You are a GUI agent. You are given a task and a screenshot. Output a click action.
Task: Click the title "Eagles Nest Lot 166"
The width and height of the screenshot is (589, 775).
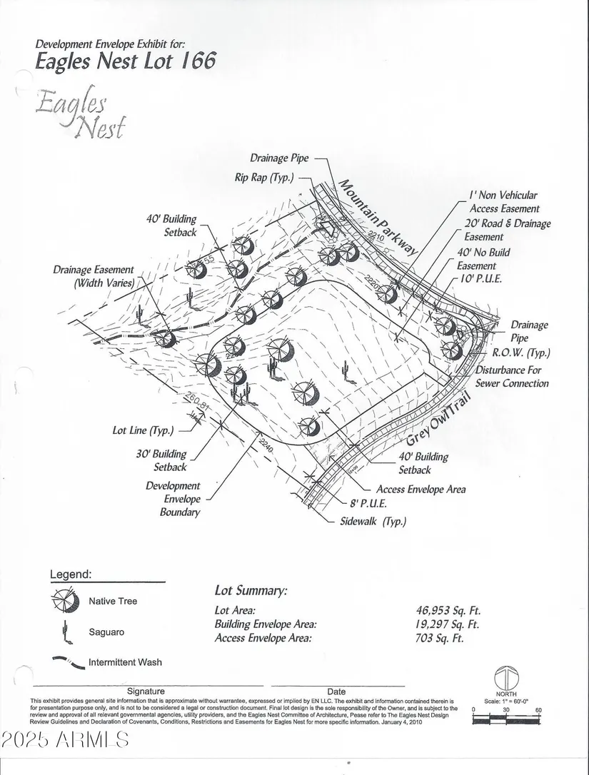[125, 60]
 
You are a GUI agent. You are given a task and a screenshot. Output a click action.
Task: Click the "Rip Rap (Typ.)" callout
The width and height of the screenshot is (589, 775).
[263, 177]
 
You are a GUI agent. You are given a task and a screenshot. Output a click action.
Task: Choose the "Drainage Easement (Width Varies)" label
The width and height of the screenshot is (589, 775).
[94, 277]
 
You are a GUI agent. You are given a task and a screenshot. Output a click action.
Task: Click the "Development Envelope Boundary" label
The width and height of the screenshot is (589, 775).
[173, 499]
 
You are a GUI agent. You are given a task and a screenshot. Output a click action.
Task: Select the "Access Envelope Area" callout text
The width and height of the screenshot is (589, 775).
[421, 490]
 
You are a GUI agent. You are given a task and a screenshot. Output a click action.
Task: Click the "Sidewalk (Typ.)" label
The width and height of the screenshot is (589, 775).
[374, 522]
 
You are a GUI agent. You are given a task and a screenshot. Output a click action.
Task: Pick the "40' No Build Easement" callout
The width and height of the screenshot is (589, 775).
[484, 259]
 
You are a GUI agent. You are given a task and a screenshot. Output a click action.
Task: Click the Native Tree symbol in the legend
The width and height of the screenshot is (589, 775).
[65, 601]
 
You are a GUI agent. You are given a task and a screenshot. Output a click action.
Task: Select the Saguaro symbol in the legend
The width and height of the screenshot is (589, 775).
[65, 631]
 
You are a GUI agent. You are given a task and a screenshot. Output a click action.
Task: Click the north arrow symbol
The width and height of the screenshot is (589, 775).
[506, 678]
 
